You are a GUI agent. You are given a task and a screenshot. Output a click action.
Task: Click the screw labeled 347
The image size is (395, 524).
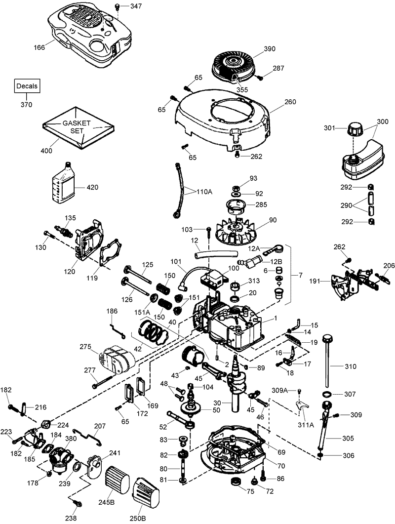point(118,6)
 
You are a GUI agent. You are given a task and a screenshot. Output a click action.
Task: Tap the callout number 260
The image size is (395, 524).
point(290,103)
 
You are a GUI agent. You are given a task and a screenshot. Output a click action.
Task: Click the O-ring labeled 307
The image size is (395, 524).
point(326,395)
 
